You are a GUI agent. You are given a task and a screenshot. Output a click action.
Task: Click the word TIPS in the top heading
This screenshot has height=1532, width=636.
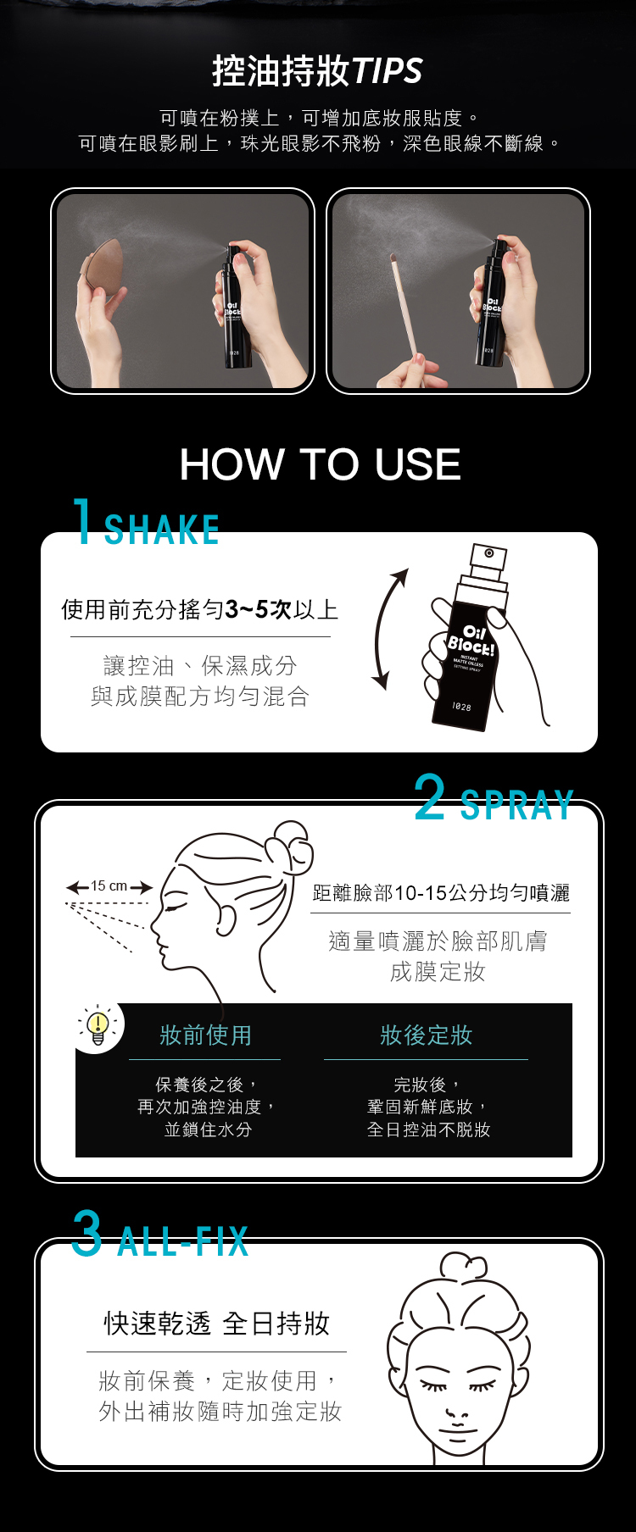[386, 71]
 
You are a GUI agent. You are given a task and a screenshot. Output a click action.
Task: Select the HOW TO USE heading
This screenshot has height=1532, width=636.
[320, 464]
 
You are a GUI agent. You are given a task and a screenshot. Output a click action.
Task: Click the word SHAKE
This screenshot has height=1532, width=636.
[162, 530]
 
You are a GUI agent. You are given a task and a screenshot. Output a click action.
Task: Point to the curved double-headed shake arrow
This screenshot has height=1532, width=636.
[379, 629]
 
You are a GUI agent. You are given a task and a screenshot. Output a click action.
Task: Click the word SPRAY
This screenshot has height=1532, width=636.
[517, 806]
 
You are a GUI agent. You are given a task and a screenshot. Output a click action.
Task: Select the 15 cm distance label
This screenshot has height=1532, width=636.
[109, 886]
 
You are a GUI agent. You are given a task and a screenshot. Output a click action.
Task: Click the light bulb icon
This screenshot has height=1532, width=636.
[98, 1026]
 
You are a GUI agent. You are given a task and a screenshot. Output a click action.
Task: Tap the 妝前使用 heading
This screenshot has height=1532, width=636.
[205, 1035]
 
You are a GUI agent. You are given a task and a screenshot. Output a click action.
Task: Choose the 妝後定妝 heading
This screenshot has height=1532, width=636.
[426, 1035]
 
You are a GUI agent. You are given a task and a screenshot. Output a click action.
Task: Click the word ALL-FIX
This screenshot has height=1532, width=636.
[183, 1241]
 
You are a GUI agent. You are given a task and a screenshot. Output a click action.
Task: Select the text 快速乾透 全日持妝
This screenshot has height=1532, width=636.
[216, 1323]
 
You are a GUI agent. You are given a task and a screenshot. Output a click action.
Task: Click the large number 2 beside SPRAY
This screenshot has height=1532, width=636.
[430, 797]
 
